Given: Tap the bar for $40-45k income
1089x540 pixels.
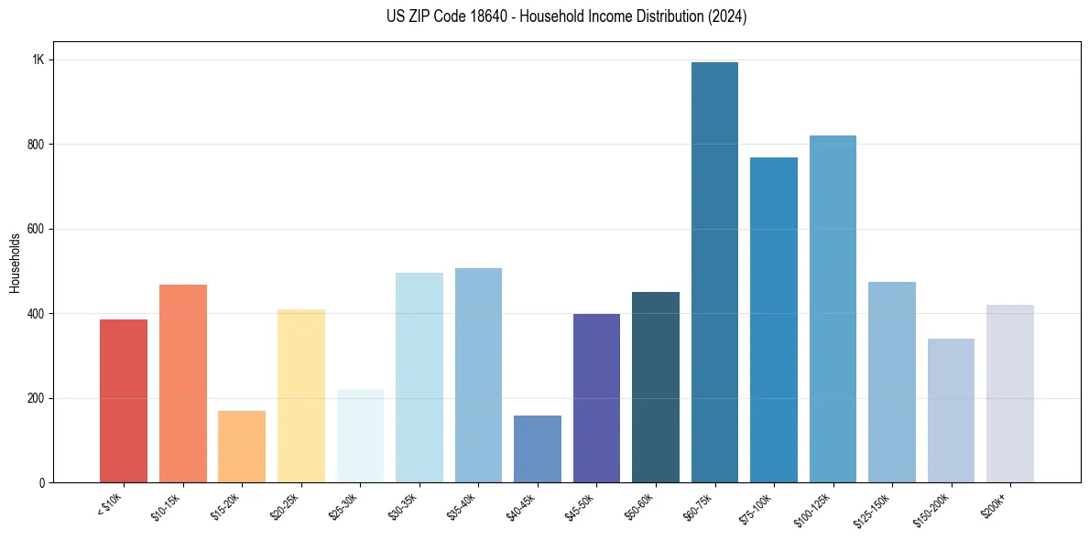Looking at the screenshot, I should point(538,449).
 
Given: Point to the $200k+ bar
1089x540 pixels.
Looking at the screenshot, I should point(1010,394).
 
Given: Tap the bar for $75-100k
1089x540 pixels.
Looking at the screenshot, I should point(774,320).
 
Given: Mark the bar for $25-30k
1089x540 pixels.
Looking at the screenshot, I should point(360,436).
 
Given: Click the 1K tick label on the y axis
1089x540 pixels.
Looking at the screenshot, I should point(38,59).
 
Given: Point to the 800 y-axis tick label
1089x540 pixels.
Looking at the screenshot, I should point(36,145).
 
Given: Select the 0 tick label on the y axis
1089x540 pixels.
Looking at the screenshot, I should point(41,483).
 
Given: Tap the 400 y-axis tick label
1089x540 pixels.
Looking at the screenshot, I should point(36,314).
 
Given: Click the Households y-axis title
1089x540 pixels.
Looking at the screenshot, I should point(16,263).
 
